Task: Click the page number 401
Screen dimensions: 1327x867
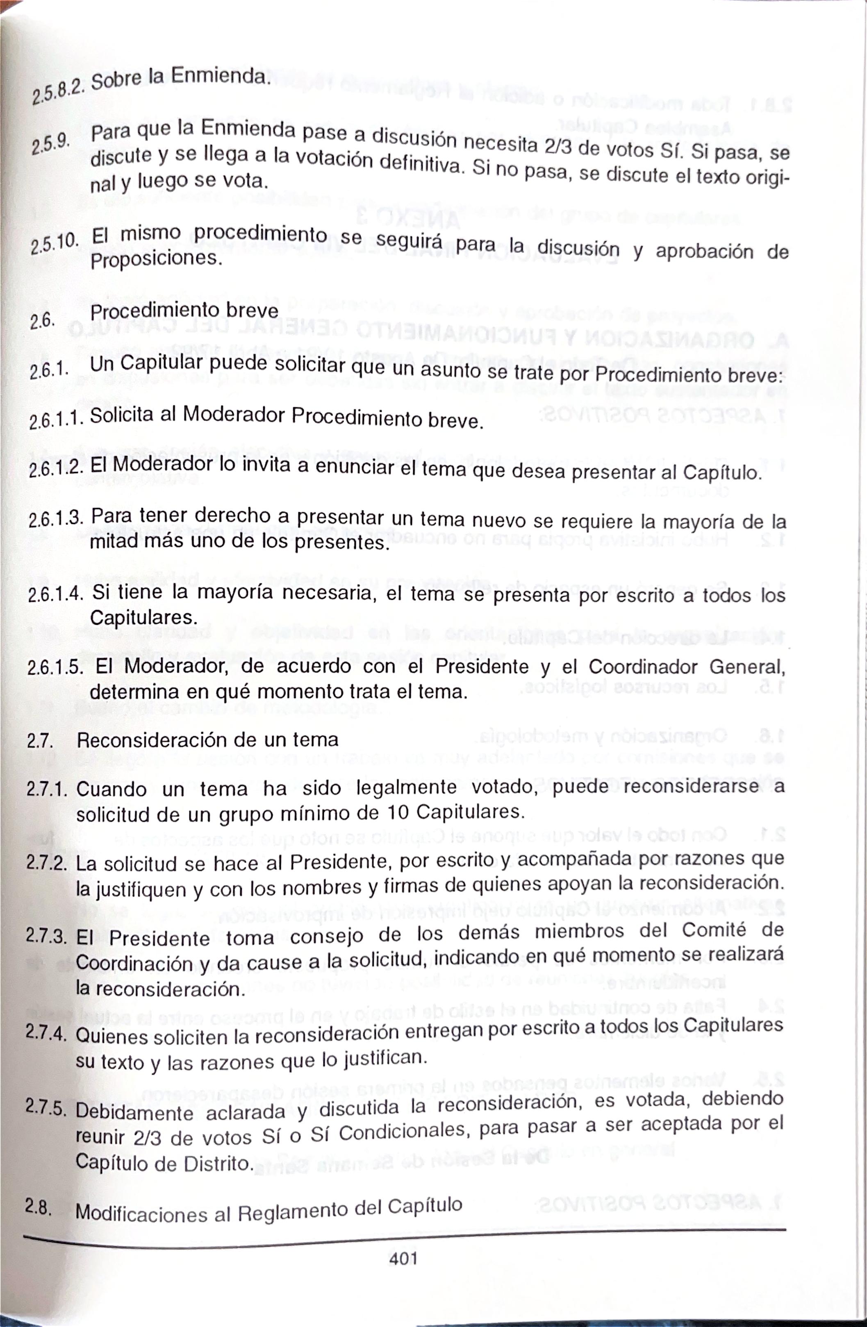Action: [x=403, y=1259]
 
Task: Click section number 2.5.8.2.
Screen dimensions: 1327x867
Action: [x=57, y=91]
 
